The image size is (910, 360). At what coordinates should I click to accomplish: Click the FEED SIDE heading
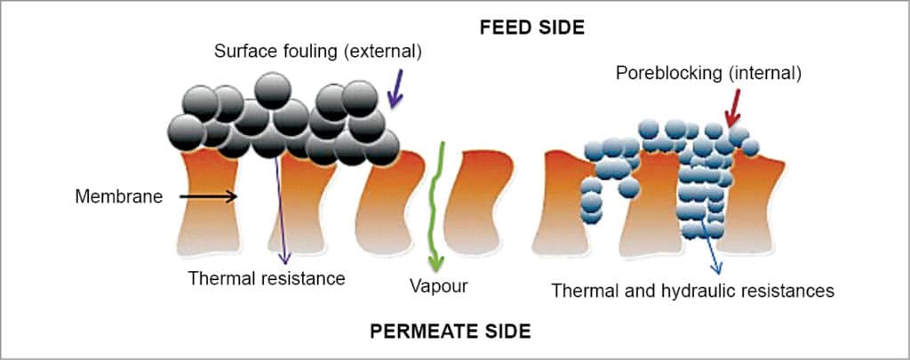click(x=531, y=27)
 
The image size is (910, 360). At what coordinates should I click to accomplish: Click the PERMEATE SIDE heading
click(x=450, y=332)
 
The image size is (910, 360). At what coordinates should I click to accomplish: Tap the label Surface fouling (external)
click(x=317, y=52)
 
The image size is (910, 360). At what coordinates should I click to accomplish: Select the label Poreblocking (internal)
click(x=708, y=74)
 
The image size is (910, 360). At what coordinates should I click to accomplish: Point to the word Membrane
click(x=119, y=196)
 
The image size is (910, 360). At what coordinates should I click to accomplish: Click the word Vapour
click(x=438, y=286)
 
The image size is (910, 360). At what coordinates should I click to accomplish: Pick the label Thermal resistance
click(x=266, y=278)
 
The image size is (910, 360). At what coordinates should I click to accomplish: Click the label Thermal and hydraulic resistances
click(x=692, y=290)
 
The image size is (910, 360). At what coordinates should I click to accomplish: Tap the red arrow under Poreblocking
click(x=734, y=112)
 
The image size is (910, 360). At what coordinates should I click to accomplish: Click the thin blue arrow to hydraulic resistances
click(x=711, y=249)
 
